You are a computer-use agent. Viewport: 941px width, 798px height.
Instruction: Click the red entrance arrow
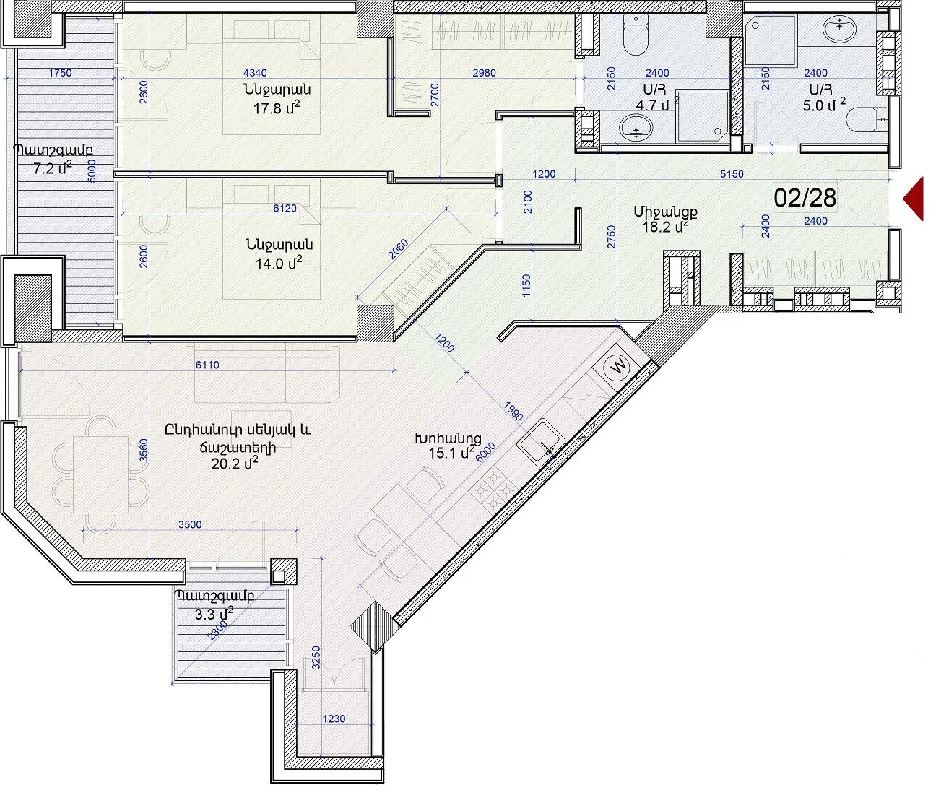point(914,199)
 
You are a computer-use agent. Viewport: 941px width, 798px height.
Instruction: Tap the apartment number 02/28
point(805,198)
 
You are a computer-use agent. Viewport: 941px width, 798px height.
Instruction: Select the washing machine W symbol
point(618,365)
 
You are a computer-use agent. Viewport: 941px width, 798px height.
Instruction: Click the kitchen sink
point(541,443)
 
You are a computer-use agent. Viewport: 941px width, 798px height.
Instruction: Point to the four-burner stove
point(493,490)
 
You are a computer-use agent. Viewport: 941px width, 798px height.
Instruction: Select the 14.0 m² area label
point(279,263)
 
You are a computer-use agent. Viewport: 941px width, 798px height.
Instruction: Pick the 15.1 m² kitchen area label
point(451,453)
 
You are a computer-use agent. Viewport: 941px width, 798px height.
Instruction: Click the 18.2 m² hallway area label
point(665,226)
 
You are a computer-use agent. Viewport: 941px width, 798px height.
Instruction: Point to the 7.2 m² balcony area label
point(53,168)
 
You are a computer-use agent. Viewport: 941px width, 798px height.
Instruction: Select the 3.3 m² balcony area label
point(214,614)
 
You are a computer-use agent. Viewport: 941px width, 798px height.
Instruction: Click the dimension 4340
point(255,73)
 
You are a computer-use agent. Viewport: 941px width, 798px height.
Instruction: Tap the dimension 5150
point(732,174)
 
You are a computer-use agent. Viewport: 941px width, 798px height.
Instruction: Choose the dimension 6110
point(207,365)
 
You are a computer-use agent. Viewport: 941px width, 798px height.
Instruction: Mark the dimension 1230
point(334,719)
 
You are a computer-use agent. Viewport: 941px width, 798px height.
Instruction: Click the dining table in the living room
point(100,474)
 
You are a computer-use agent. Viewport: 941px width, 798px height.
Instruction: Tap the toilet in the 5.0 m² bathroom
point(867,119)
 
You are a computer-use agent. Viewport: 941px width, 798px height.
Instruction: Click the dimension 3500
point(190,524)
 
